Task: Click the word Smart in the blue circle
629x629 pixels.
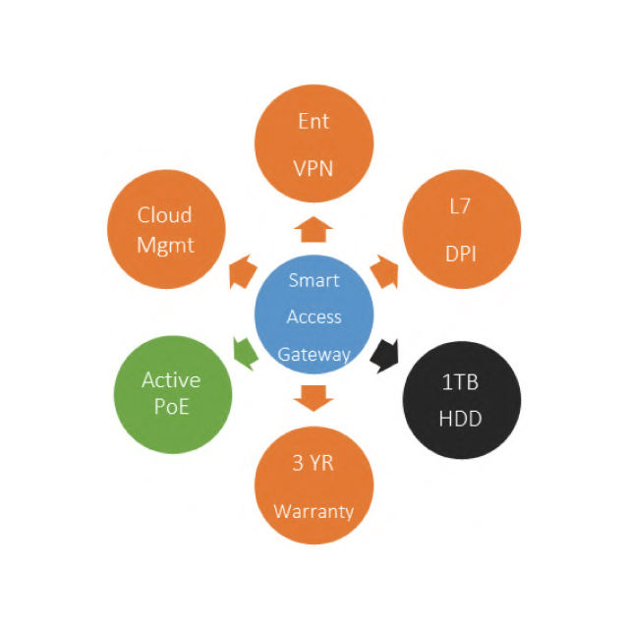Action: (x=314, y=280)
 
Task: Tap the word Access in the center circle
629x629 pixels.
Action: (x=314, y=317)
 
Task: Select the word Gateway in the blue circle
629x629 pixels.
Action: (x=314, y=355)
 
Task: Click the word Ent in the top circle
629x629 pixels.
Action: (x=314, y=122)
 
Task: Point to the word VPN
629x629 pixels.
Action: (x=314, y=168)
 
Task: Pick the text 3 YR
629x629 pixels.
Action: (x=314, y=464)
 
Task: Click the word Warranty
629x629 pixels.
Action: (x=314, y=511)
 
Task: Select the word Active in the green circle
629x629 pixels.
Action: (x=171, y=380)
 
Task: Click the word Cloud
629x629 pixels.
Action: (x=164, y=215)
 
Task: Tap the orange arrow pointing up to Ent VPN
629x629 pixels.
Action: (x=314, y=230)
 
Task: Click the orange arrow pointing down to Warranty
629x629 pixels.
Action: (x=314, y=397)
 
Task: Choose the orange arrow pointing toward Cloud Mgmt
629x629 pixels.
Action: (x=242, y=275)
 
